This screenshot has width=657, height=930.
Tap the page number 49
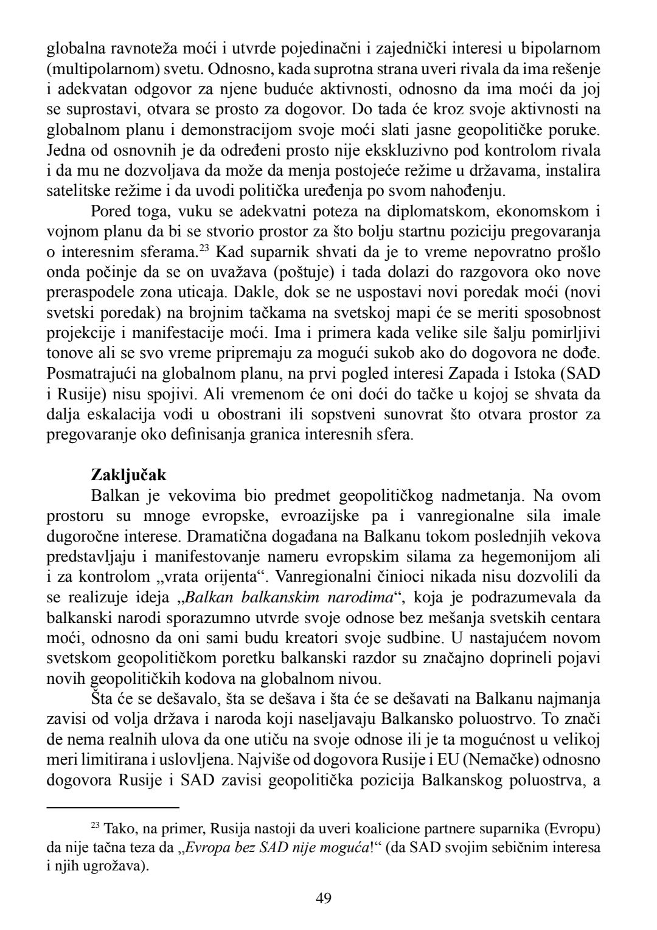(324, 898)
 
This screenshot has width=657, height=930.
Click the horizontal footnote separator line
(113, 808)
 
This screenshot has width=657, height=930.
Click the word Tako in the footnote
(116, 828)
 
